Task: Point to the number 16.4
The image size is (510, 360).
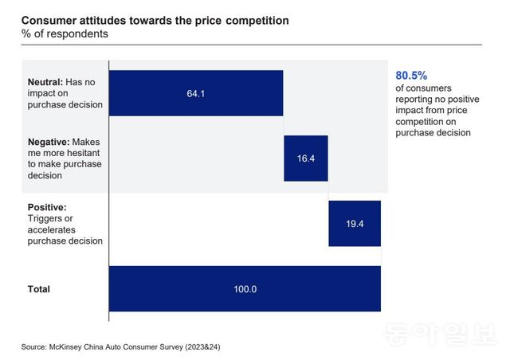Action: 306,158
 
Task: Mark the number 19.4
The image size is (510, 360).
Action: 355,224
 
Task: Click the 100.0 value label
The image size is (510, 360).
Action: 244,289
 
